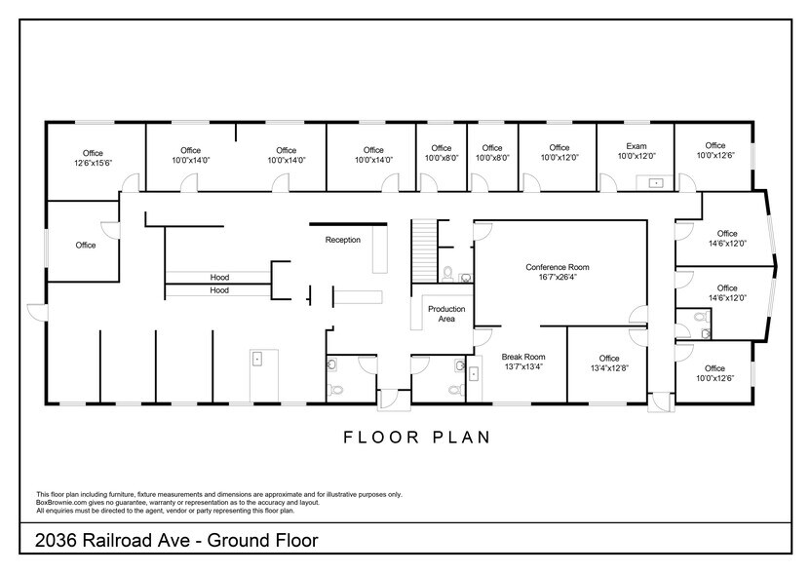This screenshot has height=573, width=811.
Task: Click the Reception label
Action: tap(342, 240)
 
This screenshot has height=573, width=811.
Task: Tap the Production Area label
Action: tap(446, 314)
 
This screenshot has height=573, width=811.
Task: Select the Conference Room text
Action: tap(557, 267)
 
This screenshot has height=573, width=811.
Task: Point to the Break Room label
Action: tap(522, 357)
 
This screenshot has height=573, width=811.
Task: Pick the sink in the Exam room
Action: tap(655, 181)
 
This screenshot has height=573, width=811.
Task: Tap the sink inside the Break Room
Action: tap(474, 372)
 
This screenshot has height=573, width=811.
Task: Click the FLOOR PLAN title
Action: tap(416, 437)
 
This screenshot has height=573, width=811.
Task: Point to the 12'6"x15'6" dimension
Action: tap(93, 164)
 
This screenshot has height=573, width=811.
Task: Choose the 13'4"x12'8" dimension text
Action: tap(608, 369)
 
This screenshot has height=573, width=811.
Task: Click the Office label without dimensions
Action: tap(86, 246)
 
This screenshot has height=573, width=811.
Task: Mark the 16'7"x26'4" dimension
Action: tap(557, 278)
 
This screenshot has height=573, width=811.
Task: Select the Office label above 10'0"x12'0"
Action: tap(558, 148)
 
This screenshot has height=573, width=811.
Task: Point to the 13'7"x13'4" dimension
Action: tap(522, 367)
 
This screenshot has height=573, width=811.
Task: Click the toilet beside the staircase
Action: tap(446, 275)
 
